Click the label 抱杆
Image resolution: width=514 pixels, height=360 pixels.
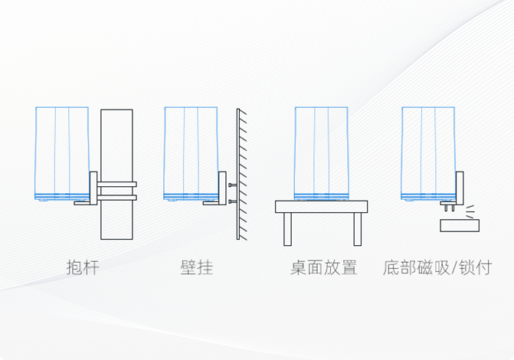[82, 268]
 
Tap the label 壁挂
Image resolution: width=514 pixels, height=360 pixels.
[197, 268]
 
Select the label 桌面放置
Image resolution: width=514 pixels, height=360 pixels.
[323, 268]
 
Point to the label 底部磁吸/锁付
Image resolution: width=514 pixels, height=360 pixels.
[437, 268]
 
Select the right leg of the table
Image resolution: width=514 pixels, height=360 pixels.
[357, 228]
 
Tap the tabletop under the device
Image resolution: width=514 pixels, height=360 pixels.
[321, 206]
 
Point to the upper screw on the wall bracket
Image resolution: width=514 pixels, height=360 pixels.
[231, 185]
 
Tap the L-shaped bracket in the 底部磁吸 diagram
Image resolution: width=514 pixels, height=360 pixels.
[460, 188]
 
